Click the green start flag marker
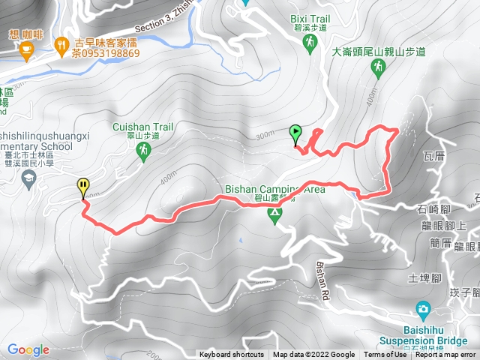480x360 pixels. pyautogui.click(x=295, y=133)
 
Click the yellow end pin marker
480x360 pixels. pyautogui.click(x=82, y=186)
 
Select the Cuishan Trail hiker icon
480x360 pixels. pyautogui.click(x=143, y=151)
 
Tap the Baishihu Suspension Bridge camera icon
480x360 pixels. pyautogui.click(x=423, y=309)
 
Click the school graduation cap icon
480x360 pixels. pyautogui.click(x=28, y=178)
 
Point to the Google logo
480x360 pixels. pyautogui.click(x=28, y=349)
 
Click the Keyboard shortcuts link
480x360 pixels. pyautogui.click(x=232, y=355)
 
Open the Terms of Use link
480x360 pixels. pyautogui.click(x=385, y=355)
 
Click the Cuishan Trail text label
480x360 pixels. pyautogui.click(x=143, y=127)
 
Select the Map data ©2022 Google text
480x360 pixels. pyautogui.click(x=313, y=355)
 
